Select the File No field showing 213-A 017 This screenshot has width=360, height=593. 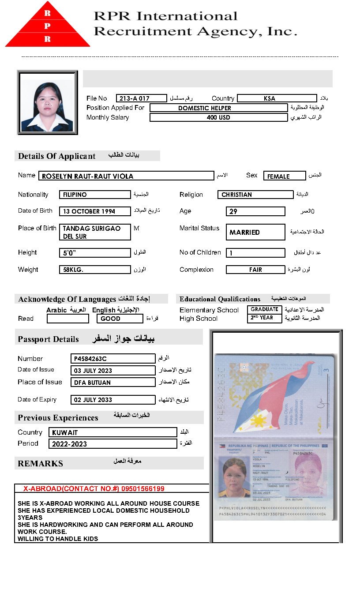pos(141,98)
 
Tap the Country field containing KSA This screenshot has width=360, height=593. pos(277,98)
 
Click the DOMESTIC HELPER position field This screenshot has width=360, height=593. pos(218,108)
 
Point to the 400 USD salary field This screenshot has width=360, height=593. pos(218,118)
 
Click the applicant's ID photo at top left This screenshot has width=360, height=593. pos(47,102)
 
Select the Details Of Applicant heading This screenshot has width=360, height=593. pos(57,156)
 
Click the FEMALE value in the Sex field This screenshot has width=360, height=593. pos(284,176)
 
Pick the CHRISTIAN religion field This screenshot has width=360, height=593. pos(255,195)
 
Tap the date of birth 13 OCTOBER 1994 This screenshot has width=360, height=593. pos(94,211)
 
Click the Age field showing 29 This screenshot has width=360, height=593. pos(255,211)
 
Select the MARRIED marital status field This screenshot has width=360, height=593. pos(255,232)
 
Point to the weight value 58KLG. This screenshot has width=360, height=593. pos(94,270)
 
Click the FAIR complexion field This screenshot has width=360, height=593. pos(255,270)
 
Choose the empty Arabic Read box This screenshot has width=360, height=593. pos(67,319)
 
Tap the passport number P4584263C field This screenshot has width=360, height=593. pos(112,359)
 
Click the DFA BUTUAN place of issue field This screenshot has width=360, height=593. pos(112,383)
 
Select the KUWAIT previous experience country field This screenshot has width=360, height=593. pos(112,432)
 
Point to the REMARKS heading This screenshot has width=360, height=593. pos(40,464)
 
